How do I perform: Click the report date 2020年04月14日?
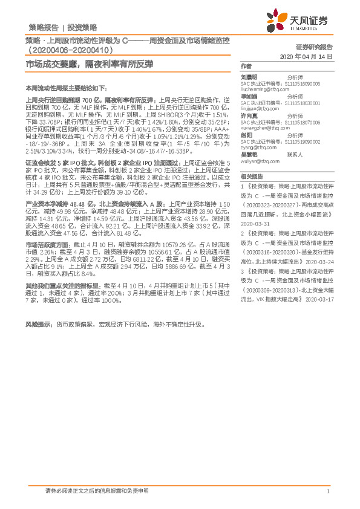coord(309,56)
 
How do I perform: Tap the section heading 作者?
coord(246,65)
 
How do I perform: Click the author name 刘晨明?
coord(249,77)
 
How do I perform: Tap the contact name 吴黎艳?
coord(249,154)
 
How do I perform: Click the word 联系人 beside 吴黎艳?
coord(295,154)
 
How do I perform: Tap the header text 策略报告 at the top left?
coord(44,27)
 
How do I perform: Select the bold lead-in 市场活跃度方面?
coord(47,244)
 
